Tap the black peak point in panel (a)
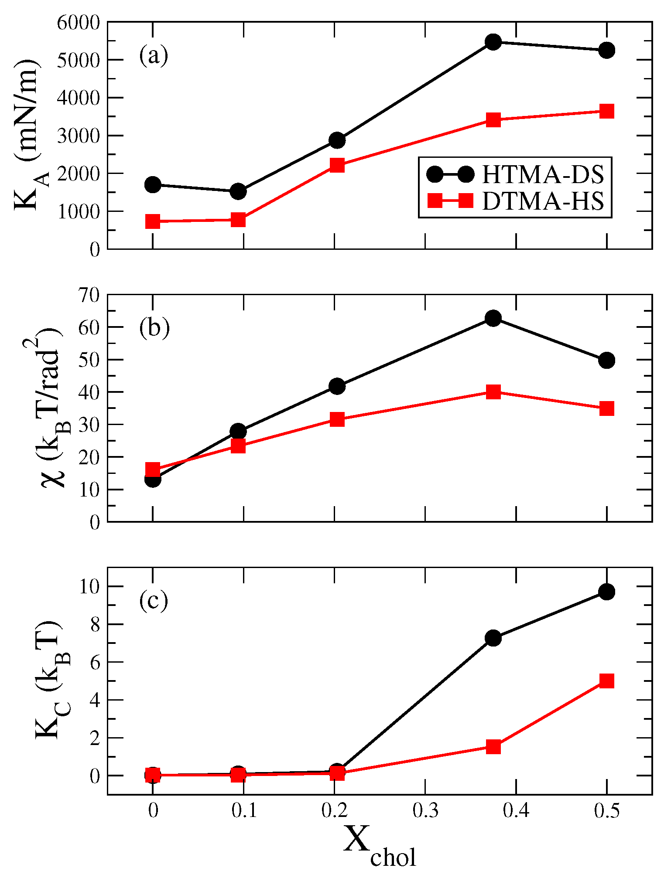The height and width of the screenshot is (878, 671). click(x=493, y=42)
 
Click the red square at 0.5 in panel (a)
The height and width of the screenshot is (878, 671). click(x=606, y=111)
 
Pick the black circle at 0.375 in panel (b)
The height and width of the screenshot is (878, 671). click(x=493, y=318)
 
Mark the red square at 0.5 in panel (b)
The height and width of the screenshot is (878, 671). click(x=606, y=408)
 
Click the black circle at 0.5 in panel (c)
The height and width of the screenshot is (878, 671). click(x=606, y=592)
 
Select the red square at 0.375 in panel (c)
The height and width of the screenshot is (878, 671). click(x=493, y=747)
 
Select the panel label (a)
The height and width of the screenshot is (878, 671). click(x=154, y=56)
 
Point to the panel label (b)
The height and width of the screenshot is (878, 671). click(x=154, y=328)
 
